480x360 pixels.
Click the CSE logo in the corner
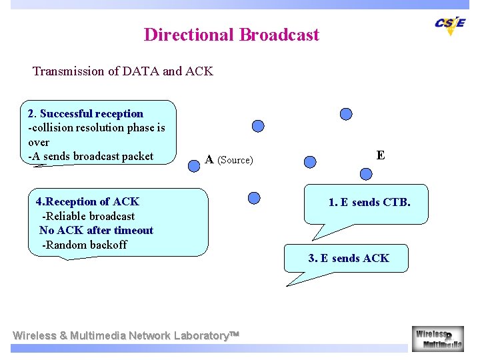[x=450, y=25]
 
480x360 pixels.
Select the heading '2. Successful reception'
[x=85, y=113]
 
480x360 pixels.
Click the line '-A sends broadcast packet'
[x=91, y=157]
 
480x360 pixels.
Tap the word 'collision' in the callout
[x=53, y=128]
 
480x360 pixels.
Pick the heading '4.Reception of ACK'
[x=87, y=201]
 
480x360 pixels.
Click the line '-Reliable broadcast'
[x=88, y=216]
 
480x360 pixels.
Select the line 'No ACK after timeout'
[x=96, y=231]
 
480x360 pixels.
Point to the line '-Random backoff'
[x=84, y=245]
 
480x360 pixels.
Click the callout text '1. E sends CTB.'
[x=369, y=202]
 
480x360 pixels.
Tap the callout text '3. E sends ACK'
[x=348, y=258]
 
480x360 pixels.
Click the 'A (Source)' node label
[x=229, y=160]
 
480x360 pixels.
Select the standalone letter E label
[x=380, y=155]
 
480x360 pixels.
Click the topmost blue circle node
[x=346, y=114]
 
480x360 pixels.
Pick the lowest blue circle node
[x=253, y=197]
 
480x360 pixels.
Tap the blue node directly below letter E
[x=365, y=175]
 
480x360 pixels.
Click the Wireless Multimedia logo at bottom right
[x=437, y=339]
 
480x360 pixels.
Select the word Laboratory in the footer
[x=200, y=335]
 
